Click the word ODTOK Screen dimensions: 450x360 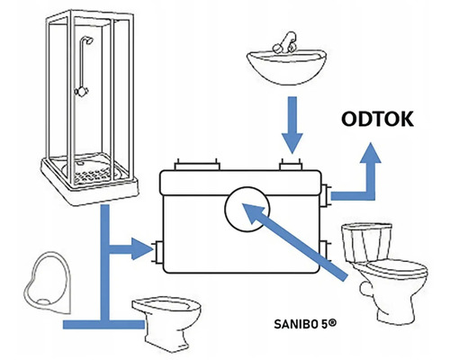[377, 119]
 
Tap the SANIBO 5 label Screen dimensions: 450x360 [305, 324]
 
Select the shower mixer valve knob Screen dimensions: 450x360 [81, 91]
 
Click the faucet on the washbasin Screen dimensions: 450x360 [285, 43]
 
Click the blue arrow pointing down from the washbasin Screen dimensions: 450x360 [292, 125]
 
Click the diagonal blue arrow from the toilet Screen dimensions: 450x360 [294, 241]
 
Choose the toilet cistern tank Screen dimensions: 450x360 [366, 242]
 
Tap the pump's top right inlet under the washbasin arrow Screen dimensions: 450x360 [291, 165]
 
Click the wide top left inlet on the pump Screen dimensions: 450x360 [197, 165]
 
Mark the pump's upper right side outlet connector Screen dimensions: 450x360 [325, 195]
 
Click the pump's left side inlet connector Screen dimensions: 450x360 [157, 252]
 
